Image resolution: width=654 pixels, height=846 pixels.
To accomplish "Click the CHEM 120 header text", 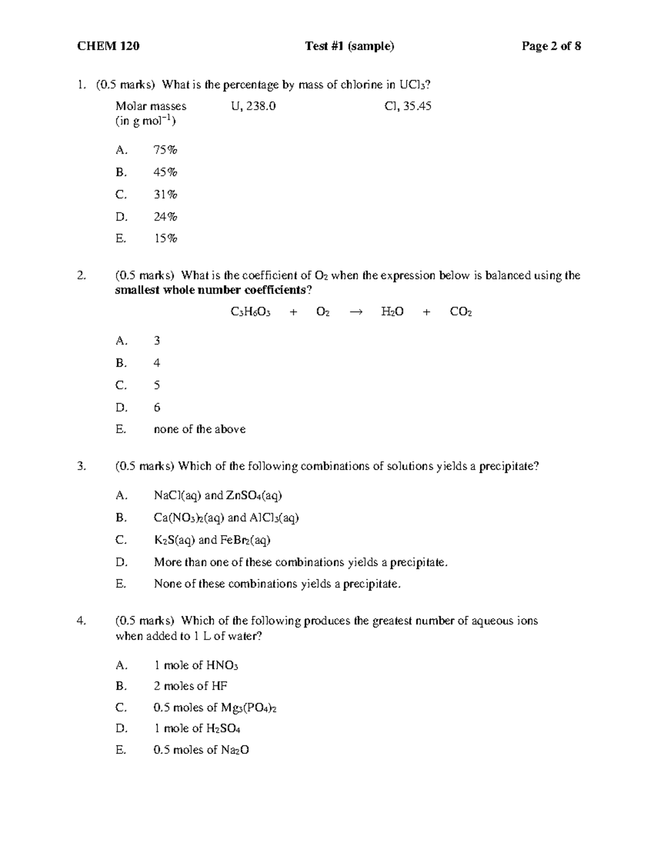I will point(108,46).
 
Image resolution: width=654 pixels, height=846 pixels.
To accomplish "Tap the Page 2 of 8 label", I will point(551,46).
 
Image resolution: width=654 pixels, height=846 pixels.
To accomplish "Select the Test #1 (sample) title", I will point(349,46).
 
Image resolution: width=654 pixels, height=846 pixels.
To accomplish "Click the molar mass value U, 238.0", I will point(253,106).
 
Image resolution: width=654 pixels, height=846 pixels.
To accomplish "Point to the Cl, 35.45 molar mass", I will point(408,106).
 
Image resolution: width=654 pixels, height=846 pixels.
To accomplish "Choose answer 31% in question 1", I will point(165,194).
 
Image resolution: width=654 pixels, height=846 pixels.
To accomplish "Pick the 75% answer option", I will point(165,150).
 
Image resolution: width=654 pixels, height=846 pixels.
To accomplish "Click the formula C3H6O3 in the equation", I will point(251,312).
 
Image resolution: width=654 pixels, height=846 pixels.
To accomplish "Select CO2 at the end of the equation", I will point(461,312).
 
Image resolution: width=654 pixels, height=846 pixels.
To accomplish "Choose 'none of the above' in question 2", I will point(199,429).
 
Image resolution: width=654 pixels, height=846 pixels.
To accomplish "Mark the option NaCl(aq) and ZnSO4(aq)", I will point(217,496).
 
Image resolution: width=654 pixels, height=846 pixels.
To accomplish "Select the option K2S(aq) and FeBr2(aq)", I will point(212,540).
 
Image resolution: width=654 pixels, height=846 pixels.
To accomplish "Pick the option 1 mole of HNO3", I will point(196,665).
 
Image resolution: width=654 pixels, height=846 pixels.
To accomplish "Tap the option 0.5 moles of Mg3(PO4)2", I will point(215,708).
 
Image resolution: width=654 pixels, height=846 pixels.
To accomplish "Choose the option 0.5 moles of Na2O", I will point(201,750).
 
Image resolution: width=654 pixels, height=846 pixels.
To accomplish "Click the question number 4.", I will point(81,620).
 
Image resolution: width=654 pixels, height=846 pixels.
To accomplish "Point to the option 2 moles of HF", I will point(190,686).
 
